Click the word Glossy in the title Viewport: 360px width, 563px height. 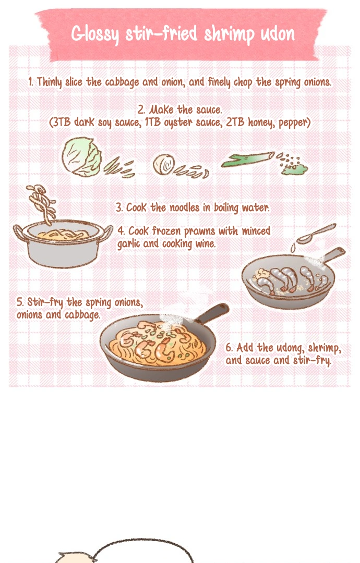point(95,34)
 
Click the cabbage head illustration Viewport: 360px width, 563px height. point(81,157)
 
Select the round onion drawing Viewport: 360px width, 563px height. point(164,164)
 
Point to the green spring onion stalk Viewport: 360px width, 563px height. point(247,160)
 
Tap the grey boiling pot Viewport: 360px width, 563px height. point(63,244)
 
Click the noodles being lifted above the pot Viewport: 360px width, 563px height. point(42,203)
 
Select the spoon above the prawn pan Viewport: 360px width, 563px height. point(316,234)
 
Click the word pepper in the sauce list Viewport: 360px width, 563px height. point(294,123)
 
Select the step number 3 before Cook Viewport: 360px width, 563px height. point(119,208)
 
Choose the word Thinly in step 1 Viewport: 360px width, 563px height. point(49,82)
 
